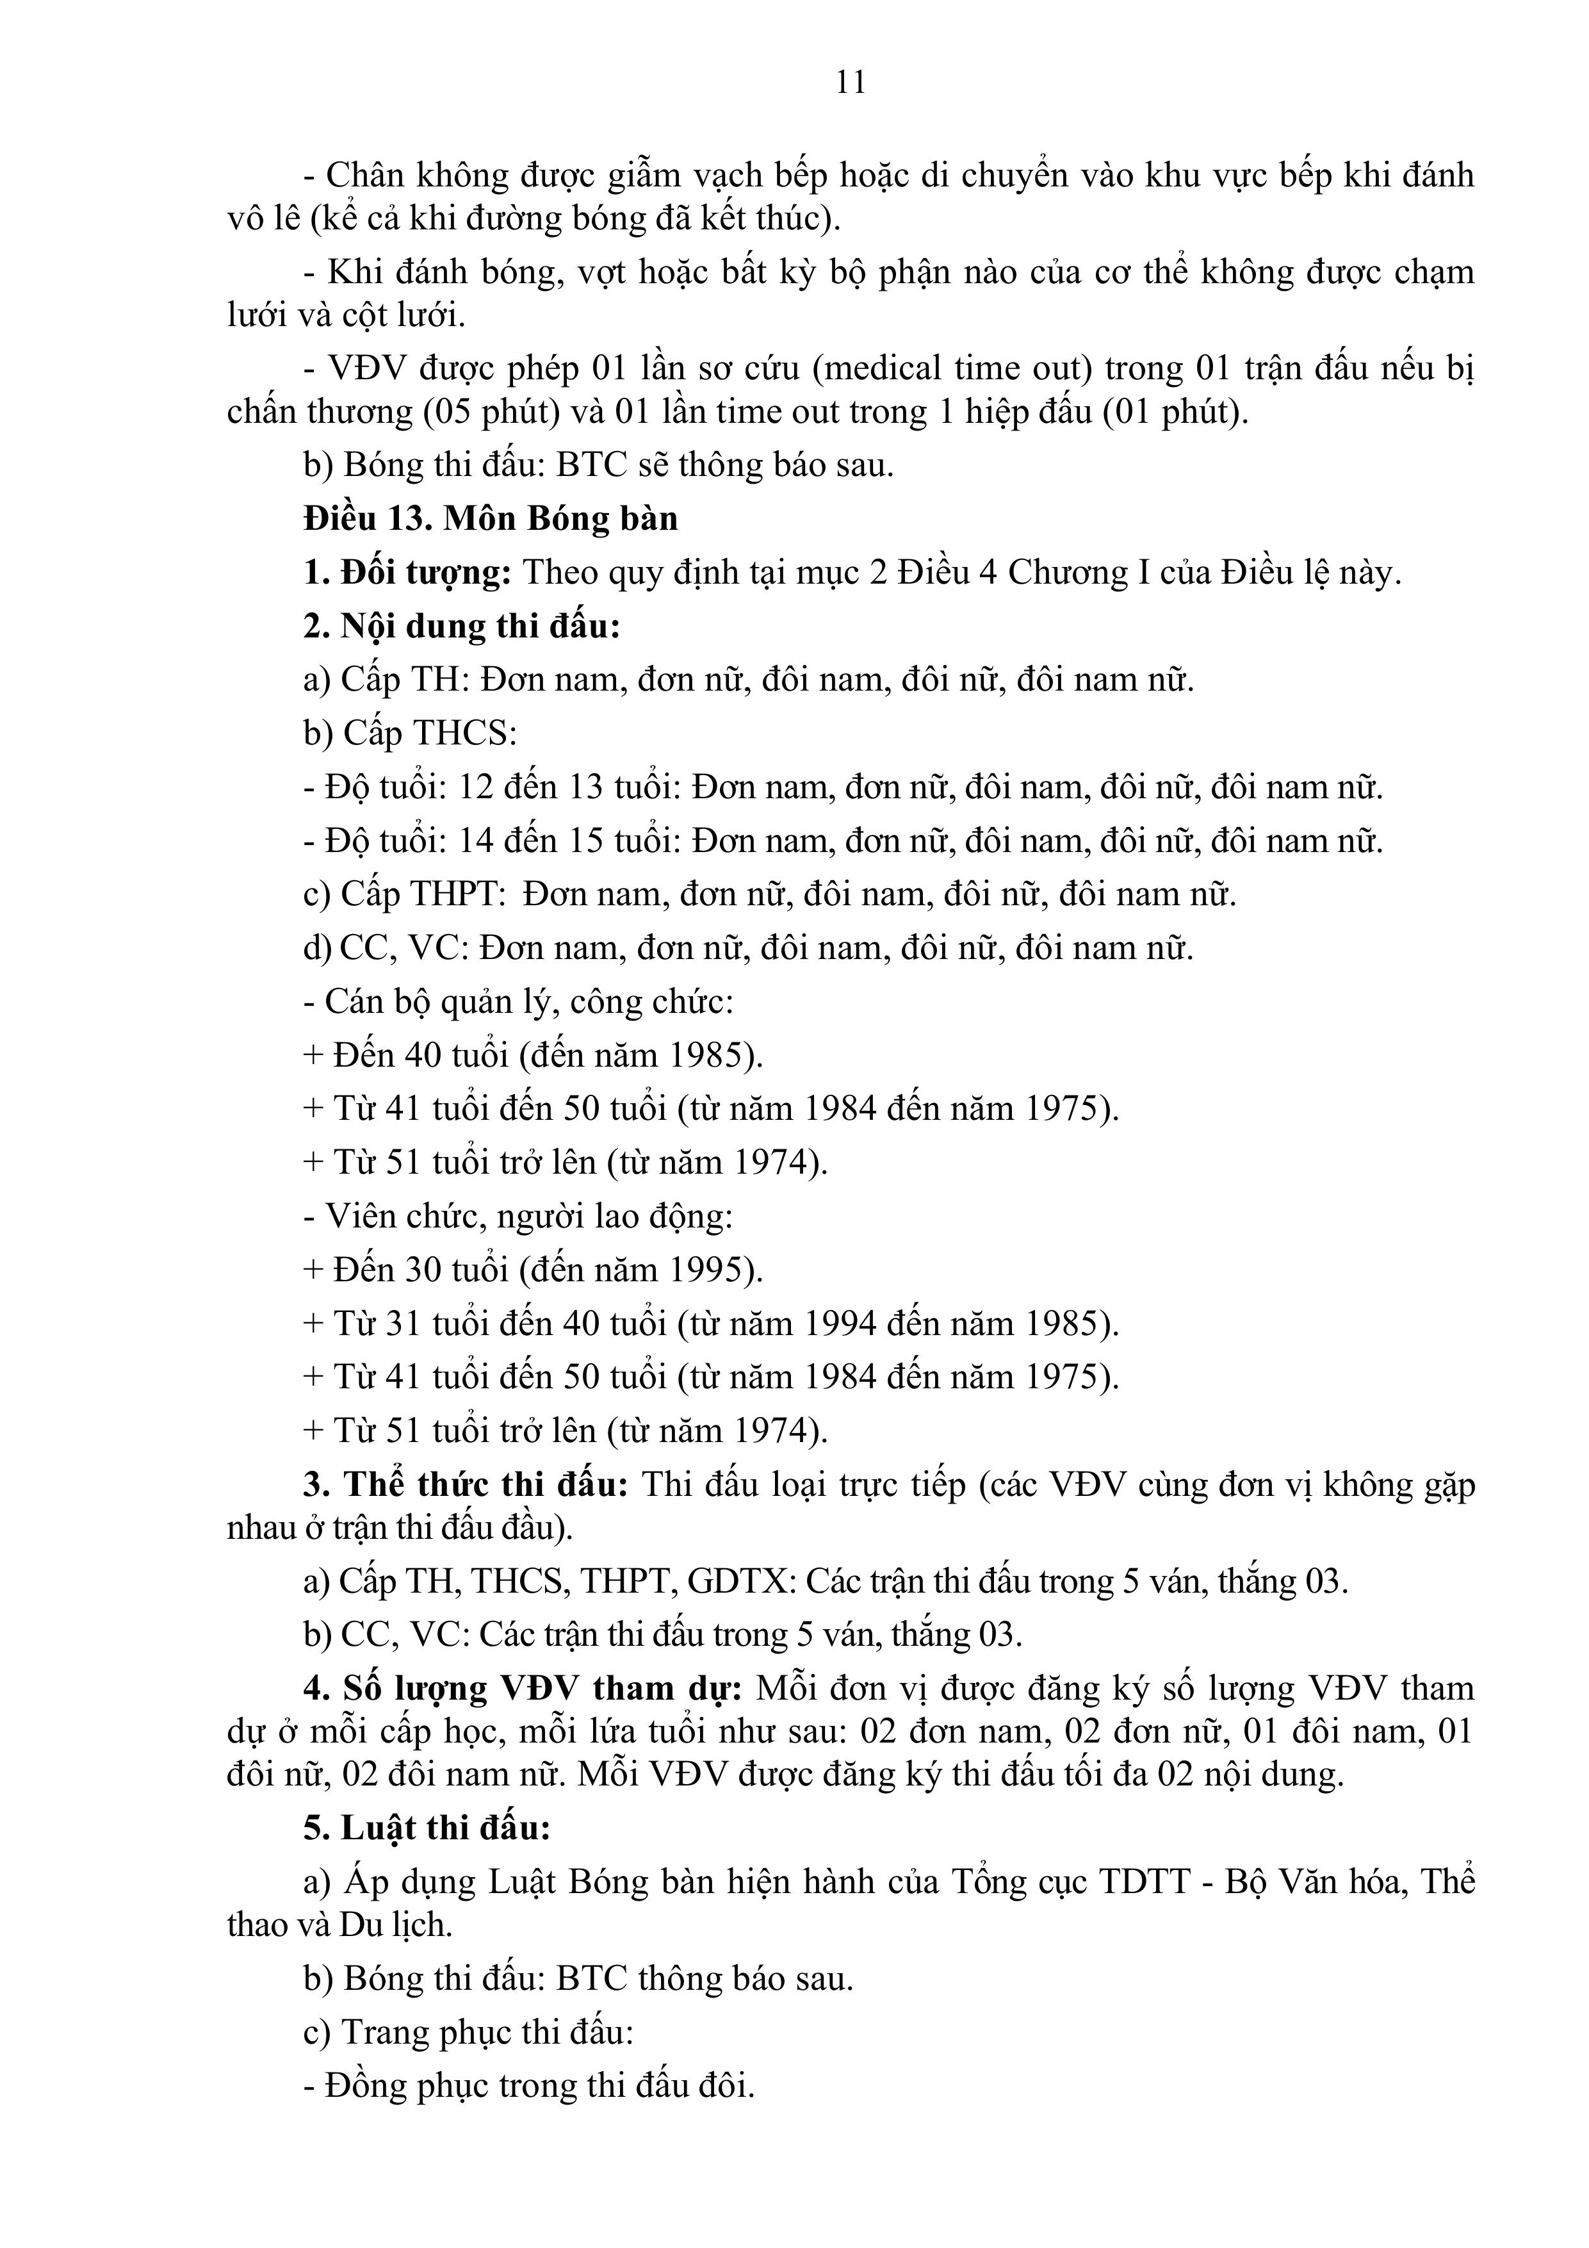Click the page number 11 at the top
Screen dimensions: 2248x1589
[x=851, y=82]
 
